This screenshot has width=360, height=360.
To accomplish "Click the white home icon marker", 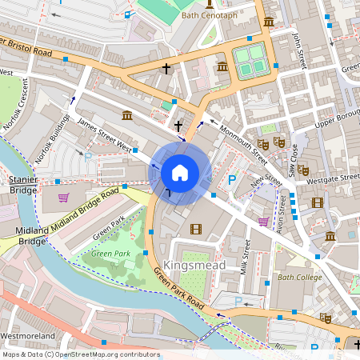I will tap(180, 173).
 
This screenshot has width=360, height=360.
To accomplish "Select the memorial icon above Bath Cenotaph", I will tap(210, 3).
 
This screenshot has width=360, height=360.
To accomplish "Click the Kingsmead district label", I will tap(194, 265).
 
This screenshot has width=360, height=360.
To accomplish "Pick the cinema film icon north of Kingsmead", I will tap(196, 230).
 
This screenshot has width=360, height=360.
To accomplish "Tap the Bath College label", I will tap(299, 278).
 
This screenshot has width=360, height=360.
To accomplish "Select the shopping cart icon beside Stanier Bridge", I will tap(63, 197).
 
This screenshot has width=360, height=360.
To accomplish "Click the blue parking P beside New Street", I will tap(232, 181).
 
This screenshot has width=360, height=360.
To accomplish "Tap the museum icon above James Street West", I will tap(126, 117).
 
